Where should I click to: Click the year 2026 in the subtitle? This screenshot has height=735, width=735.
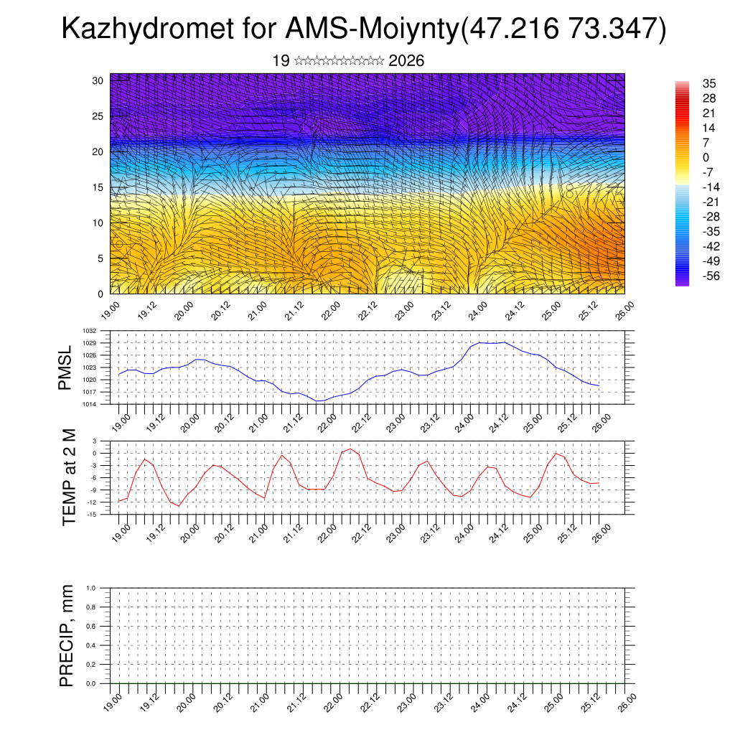click(406, 61)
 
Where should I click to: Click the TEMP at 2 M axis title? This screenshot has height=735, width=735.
click(69, 477)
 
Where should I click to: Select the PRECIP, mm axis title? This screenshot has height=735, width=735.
click(67, 636)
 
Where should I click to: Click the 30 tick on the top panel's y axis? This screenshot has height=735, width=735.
click(98, 80)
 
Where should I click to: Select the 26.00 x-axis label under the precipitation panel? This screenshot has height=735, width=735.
click(625, 700)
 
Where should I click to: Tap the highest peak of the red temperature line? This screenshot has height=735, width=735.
click(350, 449)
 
